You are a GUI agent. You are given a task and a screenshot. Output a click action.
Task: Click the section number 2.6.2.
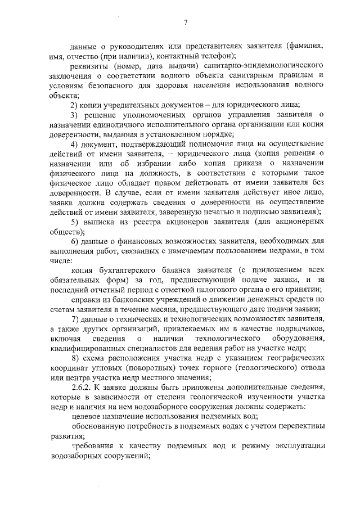click(x=82, y=389)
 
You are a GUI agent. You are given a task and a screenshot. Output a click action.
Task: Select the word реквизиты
click(x=87, y=65)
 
